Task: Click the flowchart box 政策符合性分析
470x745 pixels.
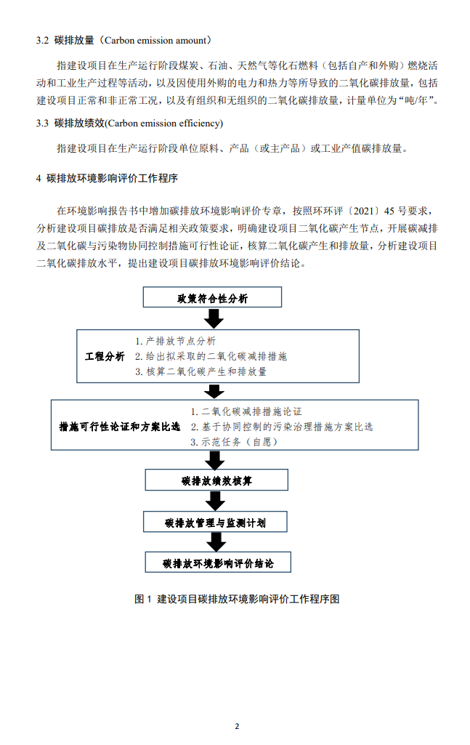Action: [212, 298]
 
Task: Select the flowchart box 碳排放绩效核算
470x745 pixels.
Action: [217, 480]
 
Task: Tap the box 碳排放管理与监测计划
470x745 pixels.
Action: [216, 522]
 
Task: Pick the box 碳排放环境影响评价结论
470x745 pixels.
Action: [217, 563]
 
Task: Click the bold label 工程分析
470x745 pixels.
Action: [105, 356]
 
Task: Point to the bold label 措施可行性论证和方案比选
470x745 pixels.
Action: [119, 427]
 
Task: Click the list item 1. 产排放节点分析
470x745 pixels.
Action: [175, 341]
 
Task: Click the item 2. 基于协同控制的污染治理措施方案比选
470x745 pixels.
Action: [282, 427]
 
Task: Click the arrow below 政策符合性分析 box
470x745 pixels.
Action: [213, 318]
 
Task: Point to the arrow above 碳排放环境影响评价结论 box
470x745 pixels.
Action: [214, 542]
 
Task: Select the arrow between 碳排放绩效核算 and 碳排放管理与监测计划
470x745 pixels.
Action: [214, 501]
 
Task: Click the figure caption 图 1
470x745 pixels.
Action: [142, 599]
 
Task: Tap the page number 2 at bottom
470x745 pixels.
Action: [236, 725]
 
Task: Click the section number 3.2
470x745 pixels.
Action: [42, 39]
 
